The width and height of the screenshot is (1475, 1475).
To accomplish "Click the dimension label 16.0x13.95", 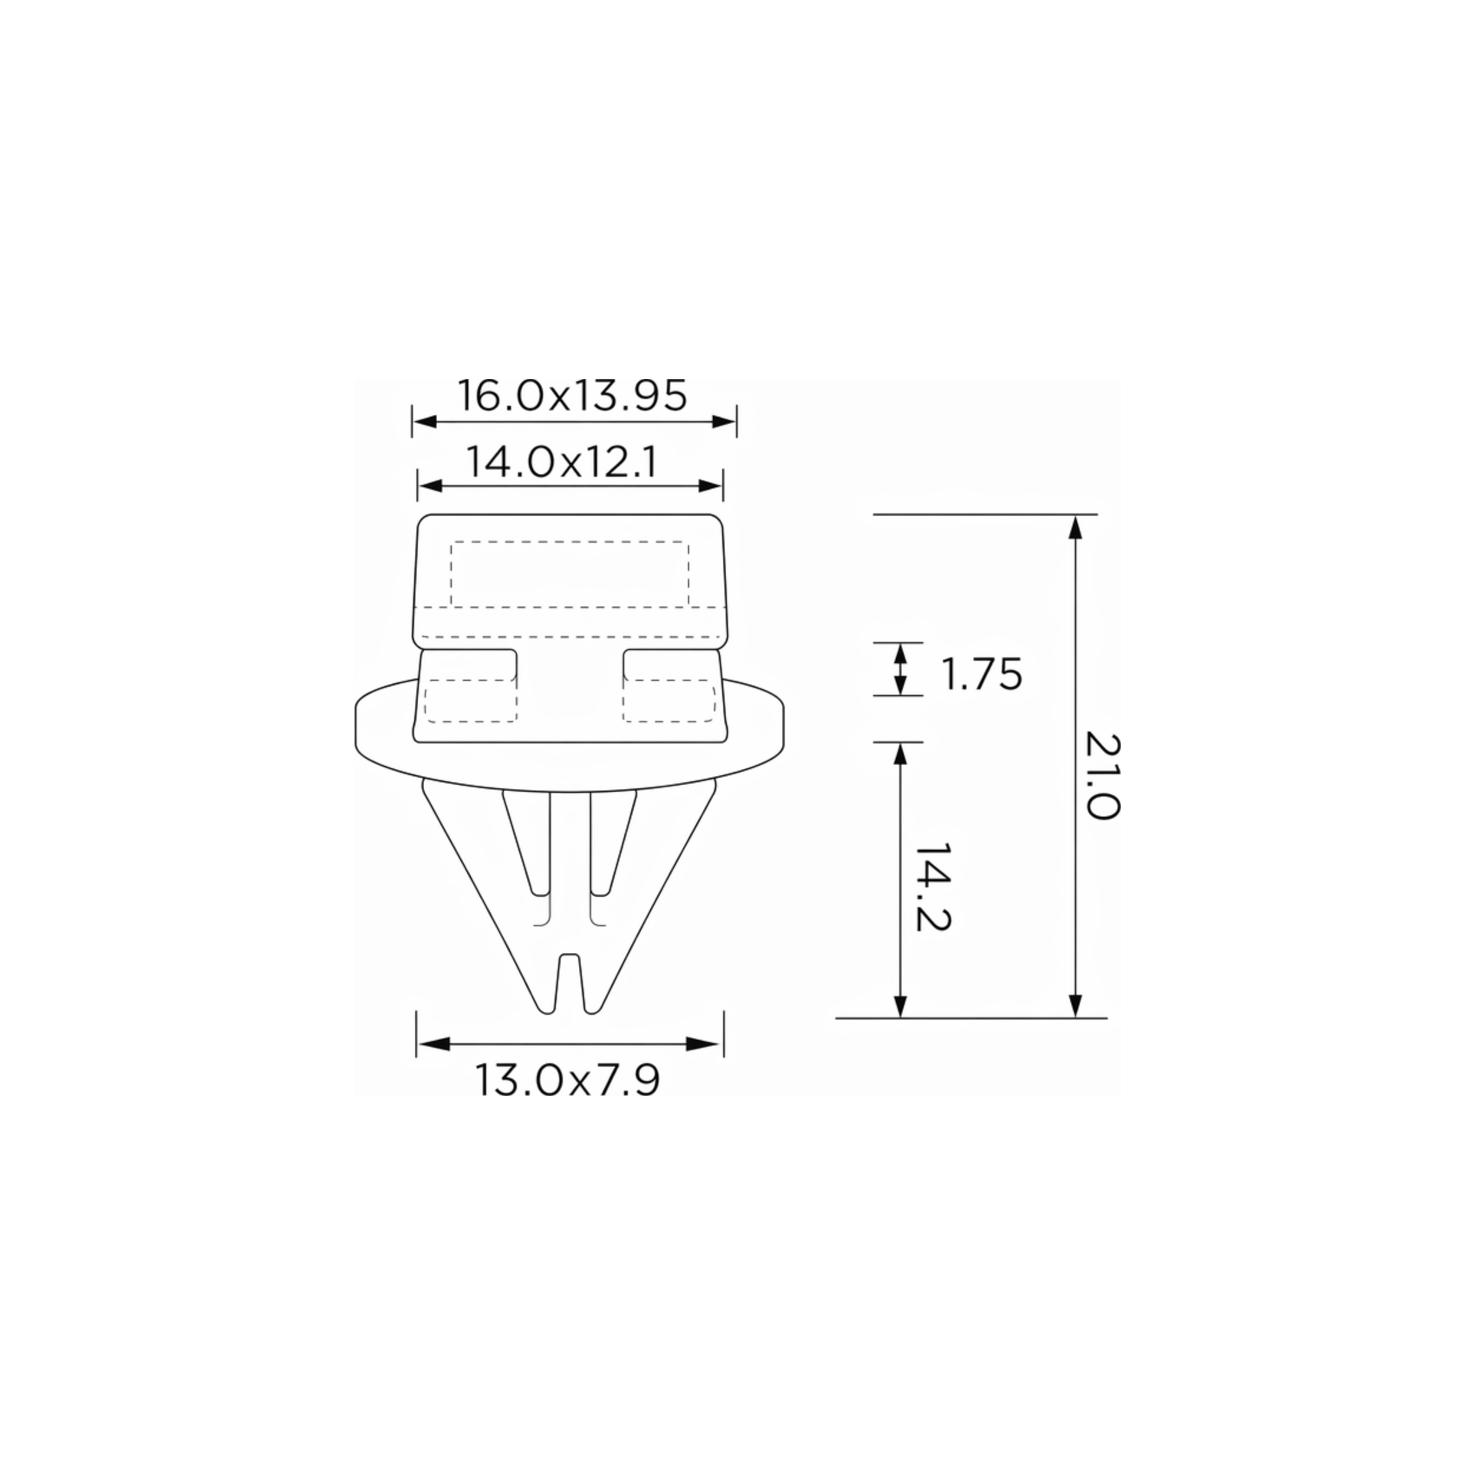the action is pos(572,395).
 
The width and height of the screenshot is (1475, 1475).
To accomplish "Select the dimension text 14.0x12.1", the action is pos(561,462).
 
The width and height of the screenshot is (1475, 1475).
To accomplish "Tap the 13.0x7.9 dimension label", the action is pos(567,1080).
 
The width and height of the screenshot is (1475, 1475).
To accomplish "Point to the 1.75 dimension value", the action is pos(981,674).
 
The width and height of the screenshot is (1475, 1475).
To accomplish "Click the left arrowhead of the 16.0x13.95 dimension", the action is pos(424,421).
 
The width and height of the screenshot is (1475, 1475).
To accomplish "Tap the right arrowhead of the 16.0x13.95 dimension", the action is pos(725,421).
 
